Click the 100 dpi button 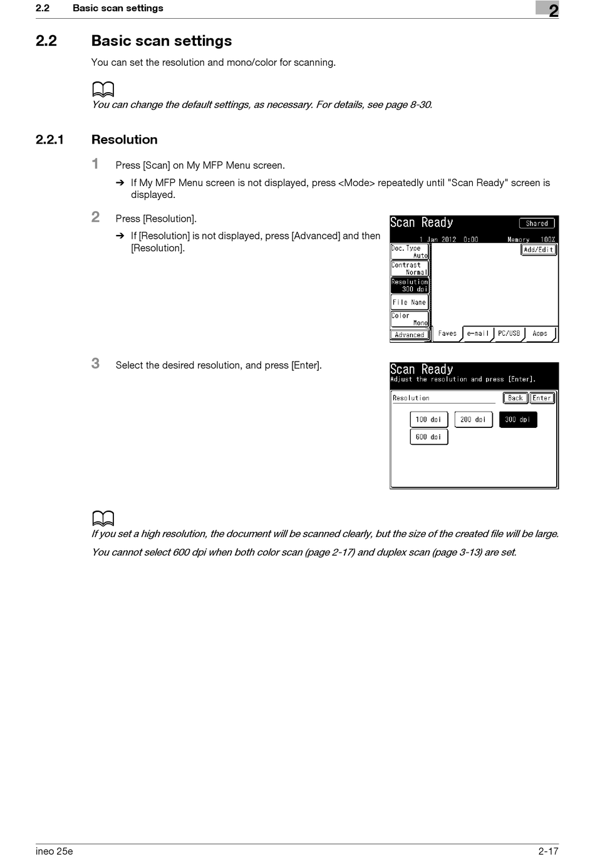428,419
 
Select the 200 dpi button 473,419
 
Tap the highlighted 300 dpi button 517,419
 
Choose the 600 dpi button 428,437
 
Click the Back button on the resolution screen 515,398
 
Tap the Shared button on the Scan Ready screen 537,223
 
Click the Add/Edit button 539,249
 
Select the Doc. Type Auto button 410,252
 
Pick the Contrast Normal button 410,269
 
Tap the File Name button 410,302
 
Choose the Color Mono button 410,320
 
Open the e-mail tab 478,333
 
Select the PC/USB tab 509,333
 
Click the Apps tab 540,333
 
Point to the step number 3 95,363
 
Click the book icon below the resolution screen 103,518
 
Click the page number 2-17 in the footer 548,851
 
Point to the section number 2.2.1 49,140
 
